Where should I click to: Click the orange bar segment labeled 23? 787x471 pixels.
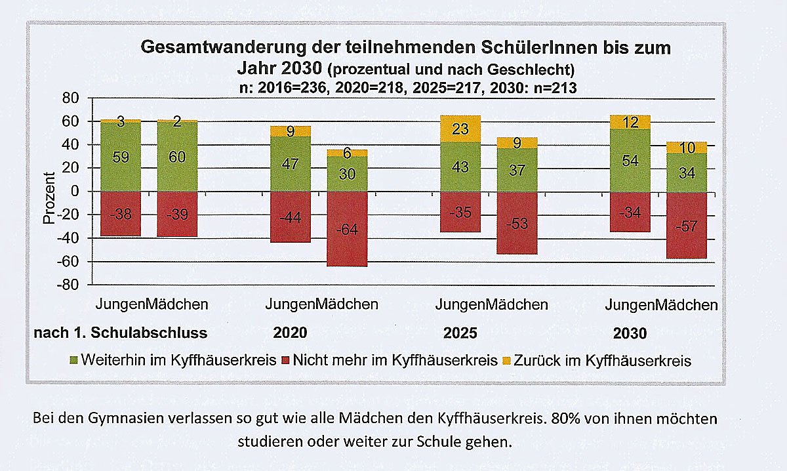click(461, 129)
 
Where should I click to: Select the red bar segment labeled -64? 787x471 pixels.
click(348, 229)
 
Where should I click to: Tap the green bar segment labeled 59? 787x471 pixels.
click(121, 157)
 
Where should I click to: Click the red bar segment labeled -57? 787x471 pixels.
click(687, 225)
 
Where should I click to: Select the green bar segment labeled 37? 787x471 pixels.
click(517, 170)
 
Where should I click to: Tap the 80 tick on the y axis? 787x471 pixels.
click(70, 98)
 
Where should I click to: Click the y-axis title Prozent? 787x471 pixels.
click(49, 199)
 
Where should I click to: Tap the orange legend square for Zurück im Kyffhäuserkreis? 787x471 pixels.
click(506, 361)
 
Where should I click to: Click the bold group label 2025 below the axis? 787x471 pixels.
click(460, 333)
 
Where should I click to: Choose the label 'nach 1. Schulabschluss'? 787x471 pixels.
click(120, 333)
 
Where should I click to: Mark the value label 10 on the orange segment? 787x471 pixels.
click(687, 148)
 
